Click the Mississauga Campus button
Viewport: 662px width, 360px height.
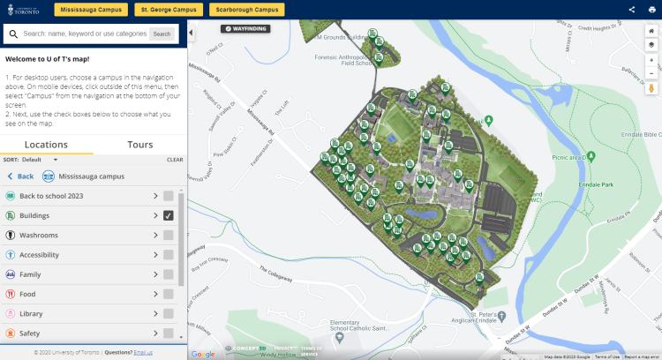tap(90, 10)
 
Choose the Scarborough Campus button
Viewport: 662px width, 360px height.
tap(246, 10)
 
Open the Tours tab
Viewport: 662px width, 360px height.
tap(139, 145)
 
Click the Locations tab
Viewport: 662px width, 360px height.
tap(46, 145)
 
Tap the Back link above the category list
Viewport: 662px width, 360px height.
tap(21, 176)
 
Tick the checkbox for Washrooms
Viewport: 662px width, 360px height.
tap(169, 236)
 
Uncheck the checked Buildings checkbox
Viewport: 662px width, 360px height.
tap(169, 215)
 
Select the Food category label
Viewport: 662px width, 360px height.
tap(27, 294)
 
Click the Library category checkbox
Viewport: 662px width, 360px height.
tap(169, 313)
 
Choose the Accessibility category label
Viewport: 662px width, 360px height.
tap(39, 255)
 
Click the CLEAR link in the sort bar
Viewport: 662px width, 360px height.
tap(175, 160)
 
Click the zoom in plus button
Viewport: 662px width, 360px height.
tap(651, 60)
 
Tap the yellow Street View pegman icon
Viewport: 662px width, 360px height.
tap(651, 88)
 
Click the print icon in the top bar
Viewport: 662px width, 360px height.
tap(652, 10)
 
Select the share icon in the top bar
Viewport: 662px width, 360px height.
tap(632, 10)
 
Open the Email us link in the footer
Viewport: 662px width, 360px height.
tap(143, 352)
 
